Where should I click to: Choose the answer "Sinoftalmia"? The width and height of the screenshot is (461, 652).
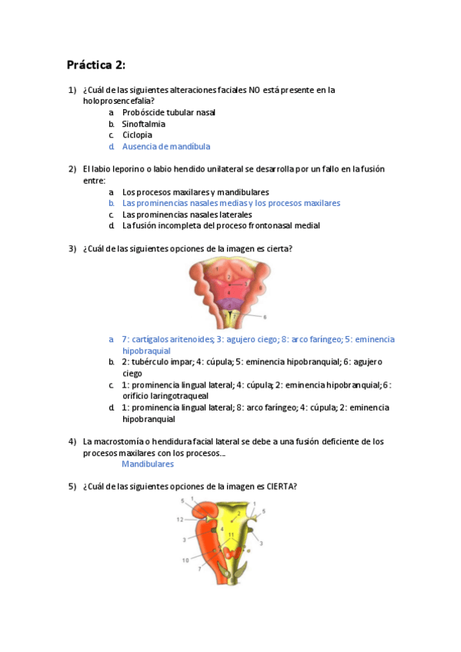143,124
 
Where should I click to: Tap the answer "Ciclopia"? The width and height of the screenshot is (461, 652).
137,135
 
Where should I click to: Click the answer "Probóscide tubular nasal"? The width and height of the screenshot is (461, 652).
169,112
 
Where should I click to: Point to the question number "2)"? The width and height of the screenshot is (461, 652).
72,169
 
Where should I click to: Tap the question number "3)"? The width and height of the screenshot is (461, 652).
72,248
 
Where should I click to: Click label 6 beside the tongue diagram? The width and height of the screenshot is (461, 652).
264,316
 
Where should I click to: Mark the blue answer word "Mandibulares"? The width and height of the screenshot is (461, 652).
148,464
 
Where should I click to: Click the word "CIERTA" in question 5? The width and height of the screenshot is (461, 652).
281,486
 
